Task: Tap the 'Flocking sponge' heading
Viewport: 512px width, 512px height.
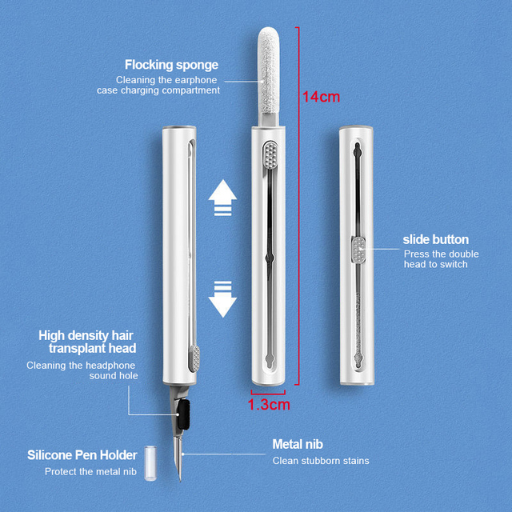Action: coord(171,65)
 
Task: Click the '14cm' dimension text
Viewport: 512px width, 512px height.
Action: coord(321,97)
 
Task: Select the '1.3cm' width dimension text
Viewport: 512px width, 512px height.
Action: coord(269,405)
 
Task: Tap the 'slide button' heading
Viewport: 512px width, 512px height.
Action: coord(436,239)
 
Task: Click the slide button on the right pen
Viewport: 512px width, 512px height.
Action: coord(357,250)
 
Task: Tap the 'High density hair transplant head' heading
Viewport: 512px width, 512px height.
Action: coord(87,342)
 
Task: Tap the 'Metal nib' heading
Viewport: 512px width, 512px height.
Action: coord(298,444)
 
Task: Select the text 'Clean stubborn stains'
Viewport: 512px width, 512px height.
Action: coord(321,461)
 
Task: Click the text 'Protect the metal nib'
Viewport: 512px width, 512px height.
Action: coord(90,472)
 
